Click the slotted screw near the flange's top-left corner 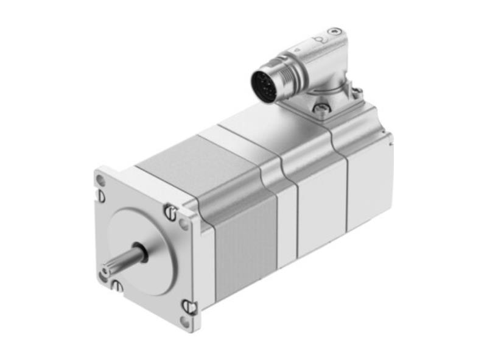pos(100,196)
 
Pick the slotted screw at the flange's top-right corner pos(169,212)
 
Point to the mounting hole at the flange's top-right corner pos(183,224)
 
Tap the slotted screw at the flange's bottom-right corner pos(190,306)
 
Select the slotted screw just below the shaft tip pos(115,284)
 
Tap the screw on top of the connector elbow pos(334,32)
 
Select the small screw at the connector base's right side pos(358,92)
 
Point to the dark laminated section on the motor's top pos(177,161)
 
